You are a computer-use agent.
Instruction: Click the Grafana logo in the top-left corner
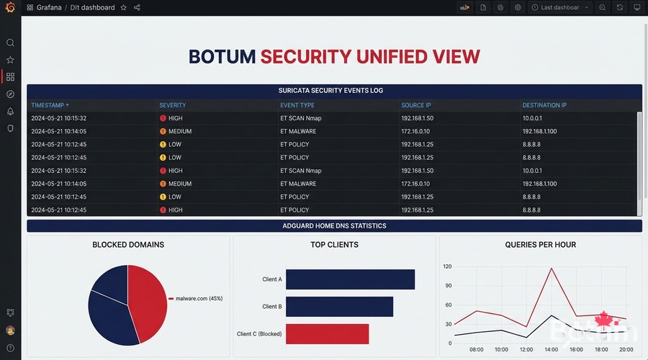click(10, 7)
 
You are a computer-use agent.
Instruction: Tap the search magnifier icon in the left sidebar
click(10, 43)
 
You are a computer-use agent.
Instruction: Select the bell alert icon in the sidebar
click(10, 112)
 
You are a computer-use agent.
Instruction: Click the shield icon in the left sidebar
click(10, 128)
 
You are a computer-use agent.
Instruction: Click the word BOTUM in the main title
click(221, 57)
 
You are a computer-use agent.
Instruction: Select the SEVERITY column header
click(173, 105)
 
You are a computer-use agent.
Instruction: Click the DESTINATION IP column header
click(544, 105)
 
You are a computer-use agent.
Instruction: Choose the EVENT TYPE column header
click(297, 105)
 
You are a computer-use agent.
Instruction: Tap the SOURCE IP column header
click(418, 105)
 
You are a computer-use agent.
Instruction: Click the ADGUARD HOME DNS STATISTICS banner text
click(334, 226)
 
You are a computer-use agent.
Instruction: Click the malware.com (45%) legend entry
click(199, 298)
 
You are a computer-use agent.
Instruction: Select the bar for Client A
click(350, 279)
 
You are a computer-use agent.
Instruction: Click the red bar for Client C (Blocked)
click(327, 334)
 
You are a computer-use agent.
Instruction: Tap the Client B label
click(271, 307)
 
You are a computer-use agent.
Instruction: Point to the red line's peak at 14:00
click(552, 269)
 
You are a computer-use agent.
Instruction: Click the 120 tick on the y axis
click(446, 266)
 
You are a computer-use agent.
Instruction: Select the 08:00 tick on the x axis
click(476, 350)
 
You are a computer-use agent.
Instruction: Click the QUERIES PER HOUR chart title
click(540, 245)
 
